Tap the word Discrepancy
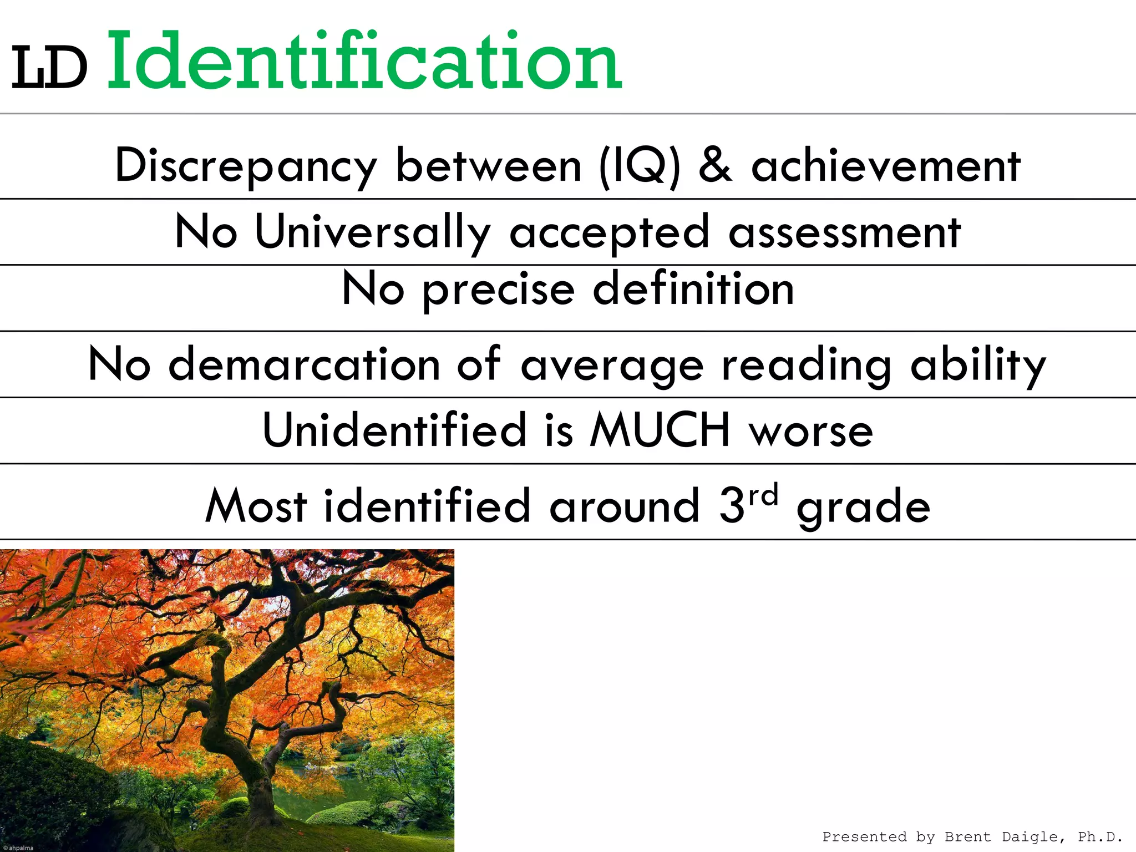click(x=246, y=166)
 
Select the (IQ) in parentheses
click(x=639, y=166)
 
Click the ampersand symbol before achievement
click(x=715, y=165)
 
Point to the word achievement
click(x=886, y=166)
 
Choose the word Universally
click(x=372, y=232)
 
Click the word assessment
click(x=844, y=232)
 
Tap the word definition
click(x=693, y=288)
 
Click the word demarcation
click(x=304, y=364)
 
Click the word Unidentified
click(x=394, y=430)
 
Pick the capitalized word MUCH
click(x=660, y=430)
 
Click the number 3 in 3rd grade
click(x=732, y=505)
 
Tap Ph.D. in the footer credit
click(x=1100, y=836)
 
